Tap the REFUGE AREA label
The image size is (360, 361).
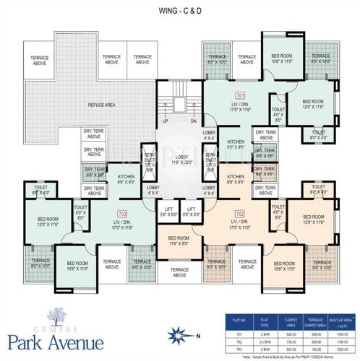(x=102, y=105)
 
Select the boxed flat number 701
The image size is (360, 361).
(x=241, y=95)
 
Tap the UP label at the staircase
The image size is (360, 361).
(x=166, y=122)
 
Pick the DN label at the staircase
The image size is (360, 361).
(x=193, y=122)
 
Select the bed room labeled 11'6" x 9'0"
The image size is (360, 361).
(x=179, y=241)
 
